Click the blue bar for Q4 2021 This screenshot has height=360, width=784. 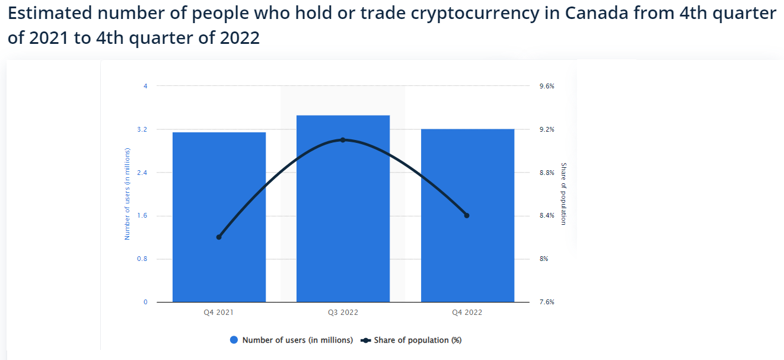pos(219,217)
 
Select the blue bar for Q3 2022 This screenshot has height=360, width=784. pos(343,209)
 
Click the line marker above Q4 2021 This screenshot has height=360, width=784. pos(219,237)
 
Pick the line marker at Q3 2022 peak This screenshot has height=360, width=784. pos(343,140)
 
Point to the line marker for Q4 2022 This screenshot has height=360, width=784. pos(467,215)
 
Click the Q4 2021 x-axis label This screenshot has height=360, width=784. pos(219,313)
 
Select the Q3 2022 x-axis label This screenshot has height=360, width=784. pos(343,313)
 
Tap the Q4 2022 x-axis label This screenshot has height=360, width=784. pos(467,313)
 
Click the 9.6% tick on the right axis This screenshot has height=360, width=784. pos(547,86)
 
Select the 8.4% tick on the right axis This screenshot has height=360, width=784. pos(547,216)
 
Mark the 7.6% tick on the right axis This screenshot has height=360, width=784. pos(547,302)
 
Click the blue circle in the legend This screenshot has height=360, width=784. pos(234,340)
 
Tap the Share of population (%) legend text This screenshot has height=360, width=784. pos(418,340)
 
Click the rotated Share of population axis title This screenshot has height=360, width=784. pos(563,194)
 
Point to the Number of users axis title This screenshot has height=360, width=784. pos(127,194)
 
